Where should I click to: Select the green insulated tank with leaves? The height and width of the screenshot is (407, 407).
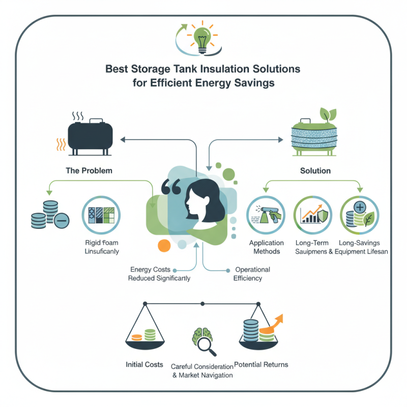coord(315,134)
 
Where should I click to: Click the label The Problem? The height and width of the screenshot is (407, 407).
coord(89,170)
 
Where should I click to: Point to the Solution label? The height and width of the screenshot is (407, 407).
coord(315,170)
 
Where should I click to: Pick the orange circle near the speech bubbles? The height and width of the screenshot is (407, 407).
coord(164,245)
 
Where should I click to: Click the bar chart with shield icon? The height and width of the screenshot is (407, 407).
coord(312,214)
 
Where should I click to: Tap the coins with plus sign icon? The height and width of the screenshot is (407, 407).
coord(358,214)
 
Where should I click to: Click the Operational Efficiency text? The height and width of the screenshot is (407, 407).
coord(251,274)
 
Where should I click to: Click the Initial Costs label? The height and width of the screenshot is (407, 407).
coord(144,364)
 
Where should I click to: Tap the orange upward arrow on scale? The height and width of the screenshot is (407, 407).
coord(275,324)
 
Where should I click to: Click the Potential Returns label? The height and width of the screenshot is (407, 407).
coord(262,364)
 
